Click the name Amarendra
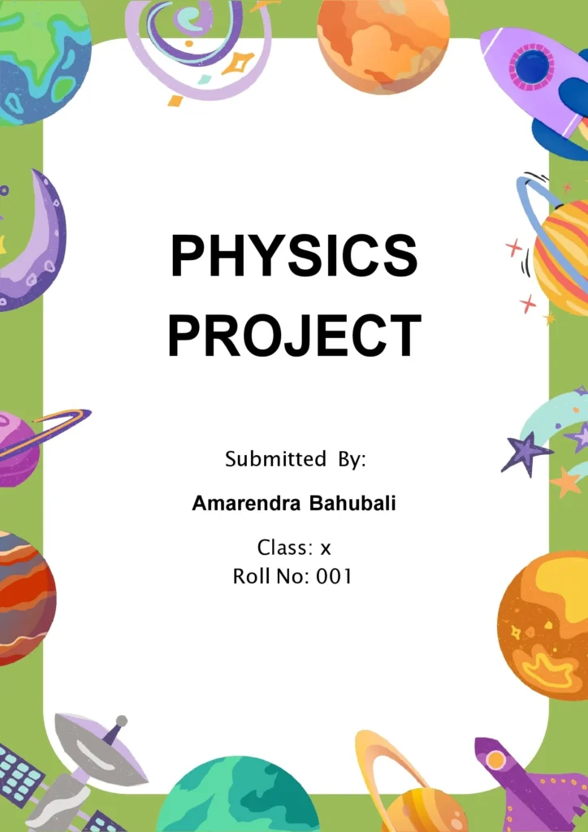coord(245,504)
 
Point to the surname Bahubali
coord(352,504)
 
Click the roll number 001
coord(334,577)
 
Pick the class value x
coord(326,548)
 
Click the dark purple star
coord(525,452)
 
